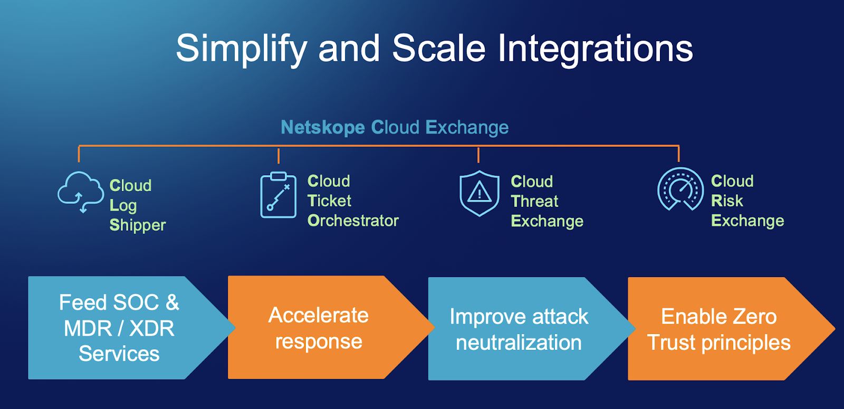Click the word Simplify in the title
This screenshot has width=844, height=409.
click(241, 49)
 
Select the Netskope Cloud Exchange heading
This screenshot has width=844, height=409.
click(395, 127)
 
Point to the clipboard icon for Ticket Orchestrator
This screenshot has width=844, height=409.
click(278, 195)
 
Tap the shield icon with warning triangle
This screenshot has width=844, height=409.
click(479, 193)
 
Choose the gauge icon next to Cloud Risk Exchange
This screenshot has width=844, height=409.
click(680, 189)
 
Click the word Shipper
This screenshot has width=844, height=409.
click(138, 225)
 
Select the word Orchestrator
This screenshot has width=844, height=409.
click(353, 221)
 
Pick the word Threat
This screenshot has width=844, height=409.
click(534, 201)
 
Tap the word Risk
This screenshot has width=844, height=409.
click(727, 201)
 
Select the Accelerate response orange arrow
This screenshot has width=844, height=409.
click(319, 328)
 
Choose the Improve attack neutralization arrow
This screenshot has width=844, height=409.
click(520, 329)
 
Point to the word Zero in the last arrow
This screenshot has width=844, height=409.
click(754, 317)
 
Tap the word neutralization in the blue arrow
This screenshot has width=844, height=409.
click(519, 343)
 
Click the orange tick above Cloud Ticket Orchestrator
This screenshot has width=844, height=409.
click(279, 155)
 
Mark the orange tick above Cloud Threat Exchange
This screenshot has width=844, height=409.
click(478, 155)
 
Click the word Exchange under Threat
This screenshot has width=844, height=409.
click(547, 221)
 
